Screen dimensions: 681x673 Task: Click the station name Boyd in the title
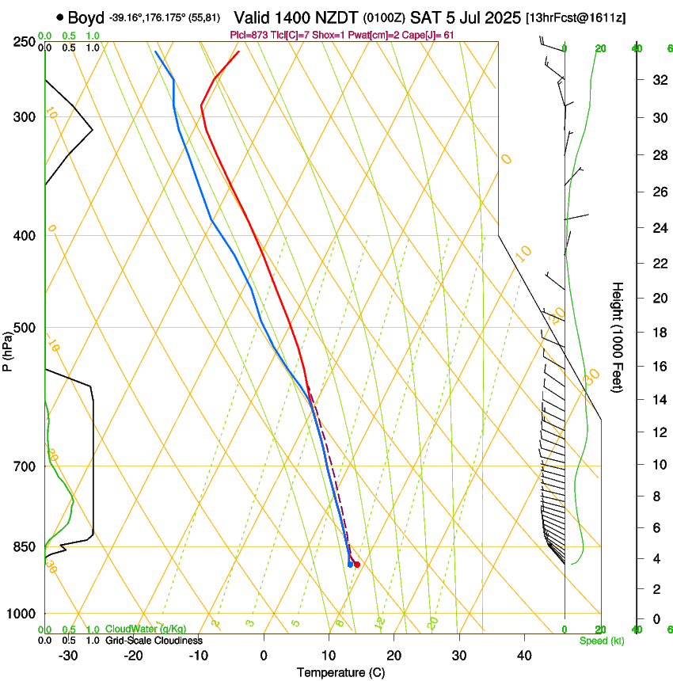[86, 17]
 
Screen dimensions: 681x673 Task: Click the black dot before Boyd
[60, 17]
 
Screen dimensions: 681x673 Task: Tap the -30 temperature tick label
[68, 655]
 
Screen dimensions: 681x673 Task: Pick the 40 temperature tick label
[523, 655]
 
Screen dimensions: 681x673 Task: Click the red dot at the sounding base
[357, 565]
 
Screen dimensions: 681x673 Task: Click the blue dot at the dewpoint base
[350, 565]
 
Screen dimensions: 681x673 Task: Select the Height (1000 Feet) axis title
[618, 337]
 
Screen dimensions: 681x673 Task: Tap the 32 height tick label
[657, 80]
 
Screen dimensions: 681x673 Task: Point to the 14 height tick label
[657, 399]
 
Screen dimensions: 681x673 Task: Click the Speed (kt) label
[602, 641]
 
